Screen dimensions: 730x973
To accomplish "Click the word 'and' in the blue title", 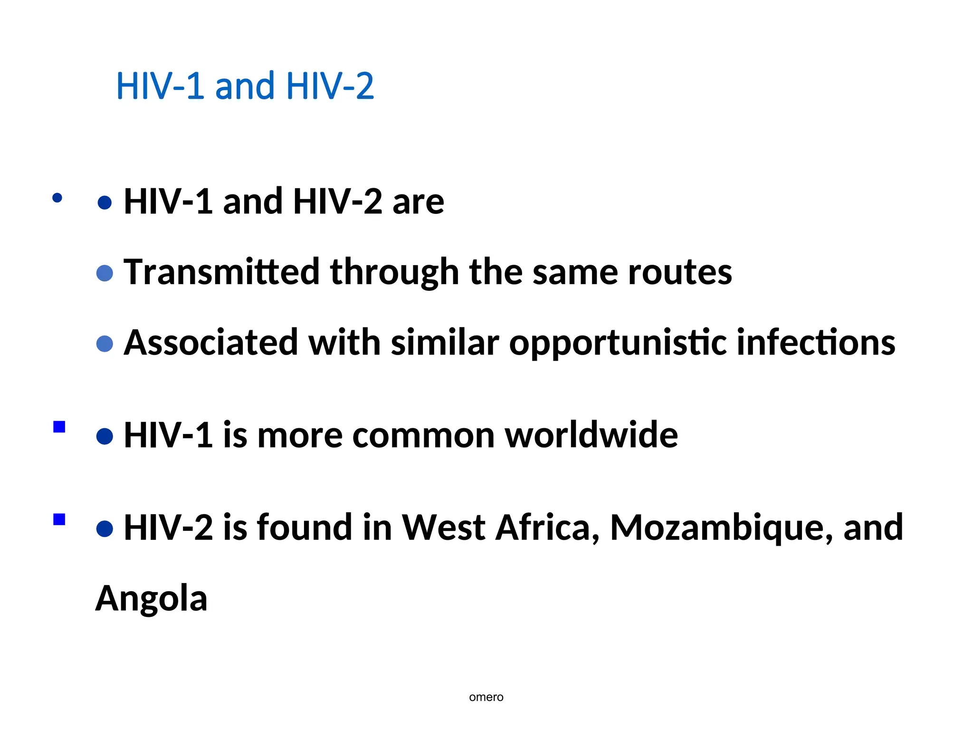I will [245, 86].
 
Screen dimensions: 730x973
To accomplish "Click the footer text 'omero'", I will [486, 697].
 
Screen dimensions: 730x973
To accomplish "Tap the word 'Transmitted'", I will [221, 272].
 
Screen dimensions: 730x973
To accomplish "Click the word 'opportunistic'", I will [617, 343].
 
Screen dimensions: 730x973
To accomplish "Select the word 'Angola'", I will [152, 598].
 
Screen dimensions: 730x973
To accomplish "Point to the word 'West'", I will [443, 528].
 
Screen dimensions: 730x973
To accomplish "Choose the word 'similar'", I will [445, 342].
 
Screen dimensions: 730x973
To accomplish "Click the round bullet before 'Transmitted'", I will [105, 273].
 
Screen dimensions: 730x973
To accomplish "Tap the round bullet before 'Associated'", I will [105, 344].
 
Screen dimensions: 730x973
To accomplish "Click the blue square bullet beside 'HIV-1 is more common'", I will [59, 427].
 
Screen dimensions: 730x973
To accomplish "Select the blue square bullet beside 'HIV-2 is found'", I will [59, 519].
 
